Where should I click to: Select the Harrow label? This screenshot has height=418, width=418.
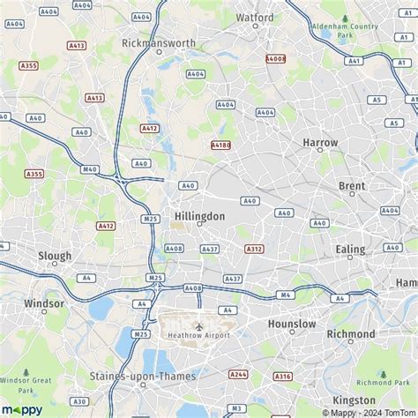320,142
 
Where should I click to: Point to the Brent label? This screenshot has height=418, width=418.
352,186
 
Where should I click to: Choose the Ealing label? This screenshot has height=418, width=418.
350,250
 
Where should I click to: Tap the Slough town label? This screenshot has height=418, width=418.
55,256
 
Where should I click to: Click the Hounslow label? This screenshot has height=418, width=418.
292,325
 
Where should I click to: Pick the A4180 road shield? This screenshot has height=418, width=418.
220,145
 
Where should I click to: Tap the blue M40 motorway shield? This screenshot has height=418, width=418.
89,169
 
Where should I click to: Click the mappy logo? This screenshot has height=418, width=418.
22,410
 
